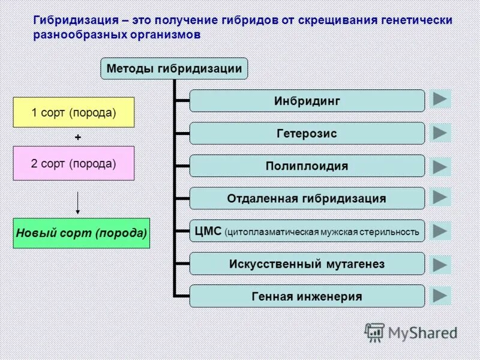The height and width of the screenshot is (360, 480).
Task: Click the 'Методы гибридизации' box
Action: [173, 69]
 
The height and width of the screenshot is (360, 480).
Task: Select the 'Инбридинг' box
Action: [307, 101]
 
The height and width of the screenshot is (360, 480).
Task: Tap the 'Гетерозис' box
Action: [307, 133]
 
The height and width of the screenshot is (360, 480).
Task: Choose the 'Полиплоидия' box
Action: [307, 166]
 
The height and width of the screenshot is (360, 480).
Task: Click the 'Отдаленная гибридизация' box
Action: [307, 198]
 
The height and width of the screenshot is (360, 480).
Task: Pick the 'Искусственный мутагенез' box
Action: [307, 263]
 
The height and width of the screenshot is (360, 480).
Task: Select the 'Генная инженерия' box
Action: [307, 296]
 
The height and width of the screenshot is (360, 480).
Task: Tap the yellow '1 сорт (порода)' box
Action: [74, 112]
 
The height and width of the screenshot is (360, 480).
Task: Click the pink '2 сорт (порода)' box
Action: [74, 163]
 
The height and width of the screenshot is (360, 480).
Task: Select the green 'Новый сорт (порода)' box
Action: [82, 233]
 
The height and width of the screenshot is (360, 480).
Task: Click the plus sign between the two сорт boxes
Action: [78, 137]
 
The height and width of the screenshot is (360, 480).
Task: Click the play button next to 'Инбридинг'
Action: [440, 99]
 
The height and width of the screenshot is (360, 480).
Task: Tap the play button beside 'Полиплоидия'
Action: [440, 166]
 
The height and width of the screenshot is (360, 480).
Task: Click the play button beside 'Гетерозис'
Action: [440, 132]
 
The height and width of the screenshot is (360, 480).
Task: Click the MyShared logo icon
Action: [374, 332]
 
